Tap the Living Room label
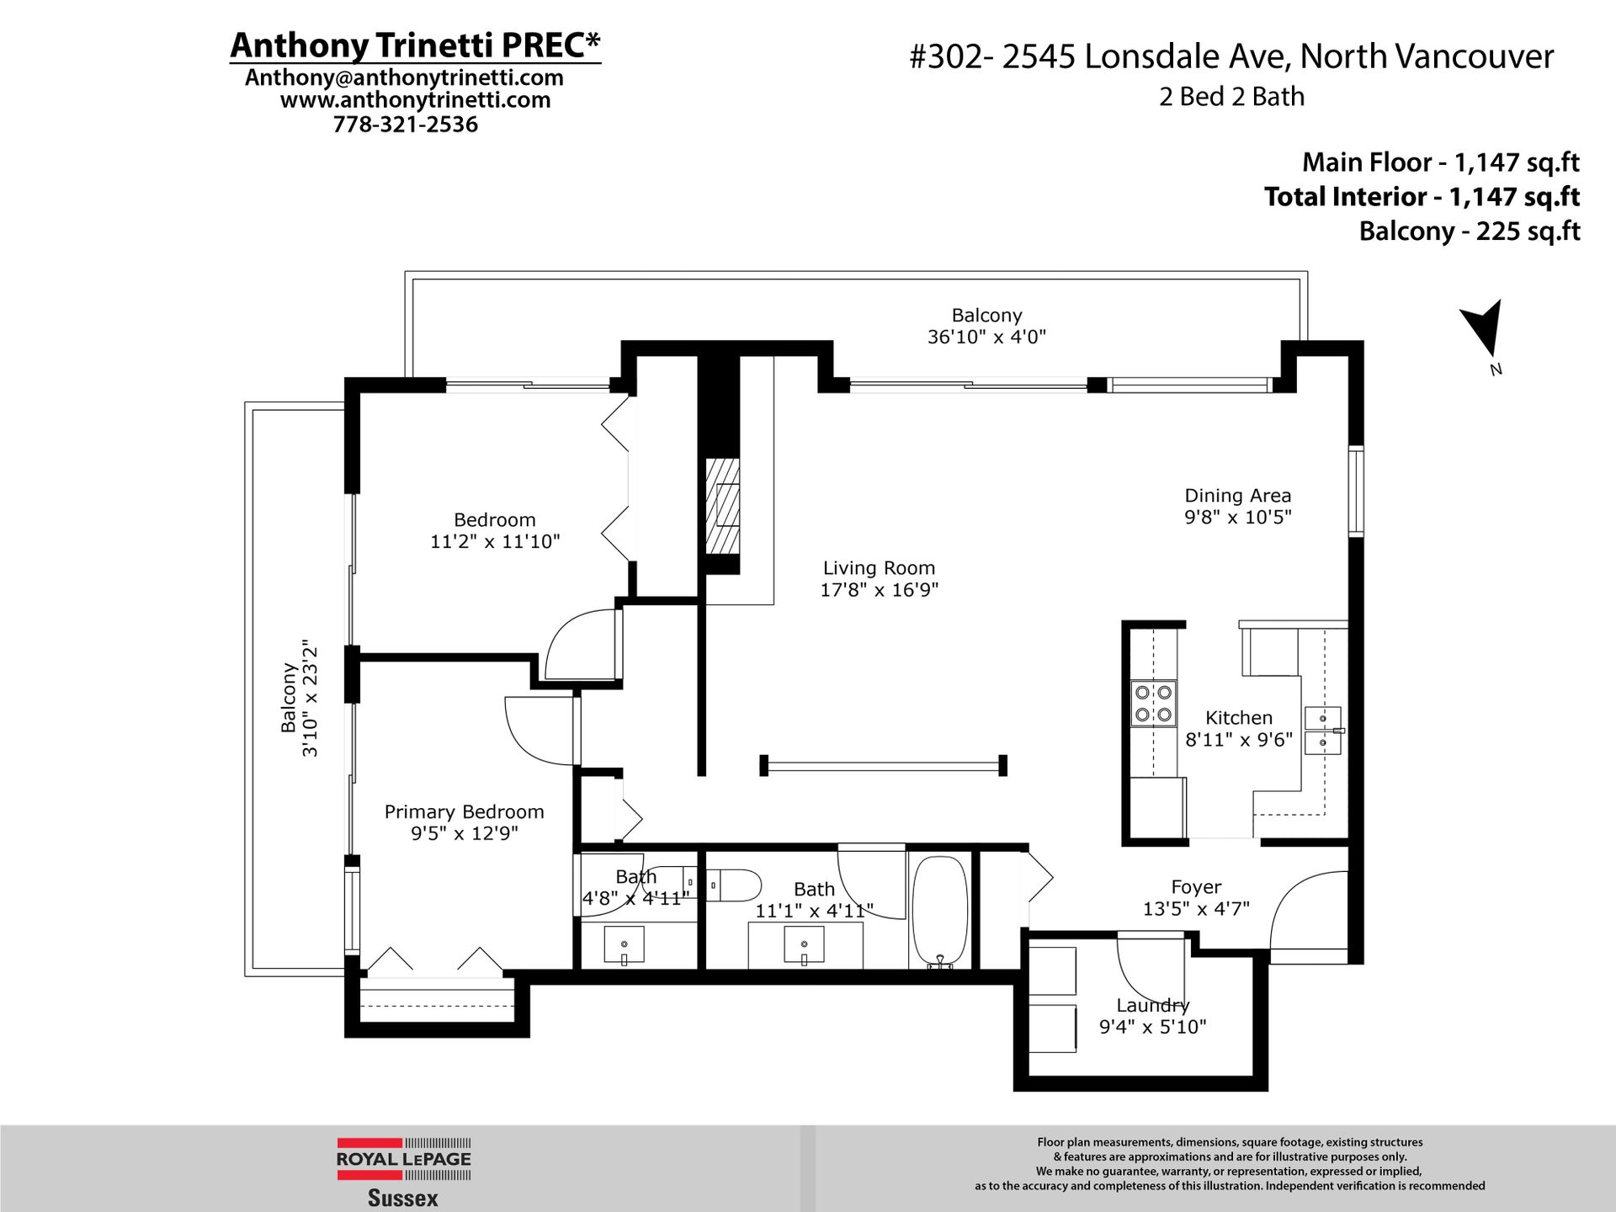pos(879,568)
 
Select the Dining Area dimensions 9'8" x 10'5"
pos(1237,517)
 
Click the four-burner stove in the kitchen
pos(1153,704)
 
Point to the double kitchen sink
pos(1323,730)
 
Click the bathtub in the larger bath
pos(940,911)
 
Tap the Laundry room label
pos(1152,1005)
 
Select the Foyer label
pos(1196,887)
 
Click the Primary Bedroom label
pos(464,812)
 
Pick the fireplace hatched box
pos(722,506)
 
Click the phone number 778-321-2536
pos(405,125)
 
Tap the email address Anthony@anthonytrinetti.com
pos(404,77)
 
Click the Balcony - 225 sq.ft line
pos(1469,231)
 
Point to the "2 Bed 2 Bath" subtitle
pos(1231,97)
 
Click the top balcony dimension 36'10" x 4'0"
pos(986,337)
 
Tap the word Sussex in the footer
pos(402,1199)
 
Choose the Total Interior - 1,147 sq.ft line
pos(1422,197)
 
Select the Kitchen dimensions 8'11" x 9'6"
pos(1238,740)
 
